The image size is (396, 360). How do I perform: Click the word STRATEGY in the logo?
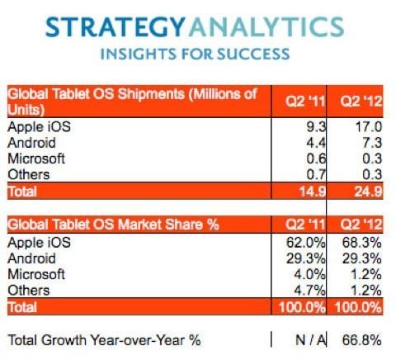(115, 27)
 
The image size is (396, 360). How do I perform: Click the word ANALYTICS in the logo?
(266, 27)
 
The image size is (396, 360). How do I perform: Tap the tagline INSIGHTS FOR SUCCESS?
(195, 54)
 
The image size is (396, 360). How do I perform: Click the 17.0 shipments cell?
(368, 127)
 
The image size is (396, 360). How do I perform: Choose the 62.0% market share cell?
(306, 243)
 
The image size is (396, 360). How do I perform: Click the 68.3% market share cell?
(362, 243)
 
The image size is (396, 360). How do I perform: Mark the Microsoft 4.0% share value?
(309, 274)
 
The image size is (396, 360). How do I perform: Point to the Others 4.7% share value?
(309, 291)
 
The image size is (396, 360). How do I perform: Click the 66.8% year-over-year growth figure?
(362, 340)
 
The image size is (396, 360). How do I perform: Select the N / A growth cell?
(311, 340)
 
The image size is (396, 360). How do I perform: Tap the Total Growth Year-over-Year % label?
(105, 340)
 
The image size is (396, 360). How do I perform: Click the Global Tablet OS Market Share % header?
(113, 225)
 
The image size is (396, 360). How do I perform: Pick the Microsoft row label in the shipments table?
(36, 159)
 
